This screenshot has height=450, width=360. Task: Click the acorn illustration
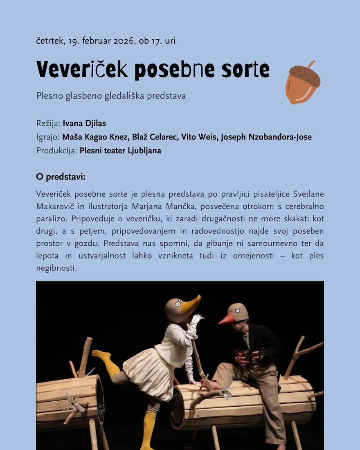coord(302,82)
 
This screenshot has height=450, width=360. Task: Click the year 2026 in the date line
coord(123,41)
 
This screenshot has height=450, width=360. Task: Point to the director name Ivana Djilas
coord(84,123)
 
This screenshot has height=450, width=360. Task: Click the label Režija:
coord(48,123)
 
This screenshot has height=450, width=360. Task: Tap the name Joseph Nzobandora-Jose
coord(266,137)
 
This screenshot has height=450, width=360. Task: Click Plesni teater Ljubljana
coord(120,151)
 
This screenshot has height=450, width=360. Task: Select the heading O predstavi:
coord(61,177)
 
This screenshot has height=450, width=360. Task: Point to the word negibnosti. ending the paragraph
coord(56,268)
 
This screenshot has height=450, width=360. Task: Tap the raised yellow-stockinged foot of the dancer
coord(100,354)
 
